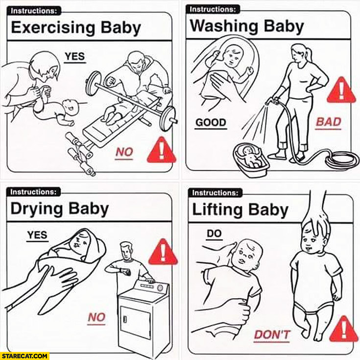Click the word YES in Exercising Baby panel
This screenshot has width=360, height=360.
click(x=75, y=56)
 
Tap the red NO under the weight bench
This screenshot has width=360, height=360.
click(x=124, y=152)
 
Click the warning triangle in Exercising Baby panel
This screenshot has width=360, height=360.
click(x=162, y=150)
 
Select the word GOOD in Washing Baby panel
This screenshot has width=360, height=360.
click(x=211, y=122)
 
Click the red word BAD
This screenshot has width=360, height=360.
click(x=328, y=122)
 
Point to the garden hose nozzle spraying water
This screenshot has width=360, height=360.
click(x=271, y=102)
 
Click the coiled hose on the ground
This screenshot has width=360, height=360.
click(x=341, y=159)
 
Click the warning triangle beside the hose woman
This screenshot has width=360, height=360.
click(x=341, y=90)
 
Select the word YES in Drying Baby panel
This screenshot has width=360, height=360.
click(x=37, y=235)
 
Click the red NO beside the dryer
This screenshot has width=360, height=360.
click(x=96, y=317)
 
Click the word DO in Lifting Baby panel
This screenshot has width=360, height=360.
click(x=214, y=233)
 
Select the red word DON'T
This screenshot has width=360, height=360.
click(x=272, y=334)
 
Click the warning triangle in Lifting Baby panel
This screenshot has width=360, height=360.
click(x=343, y=329)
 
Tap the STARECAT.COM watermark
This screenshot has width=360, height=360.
click(x=24, y=356)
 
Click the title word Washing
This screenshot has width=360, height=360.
click(x=225, y=26)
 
